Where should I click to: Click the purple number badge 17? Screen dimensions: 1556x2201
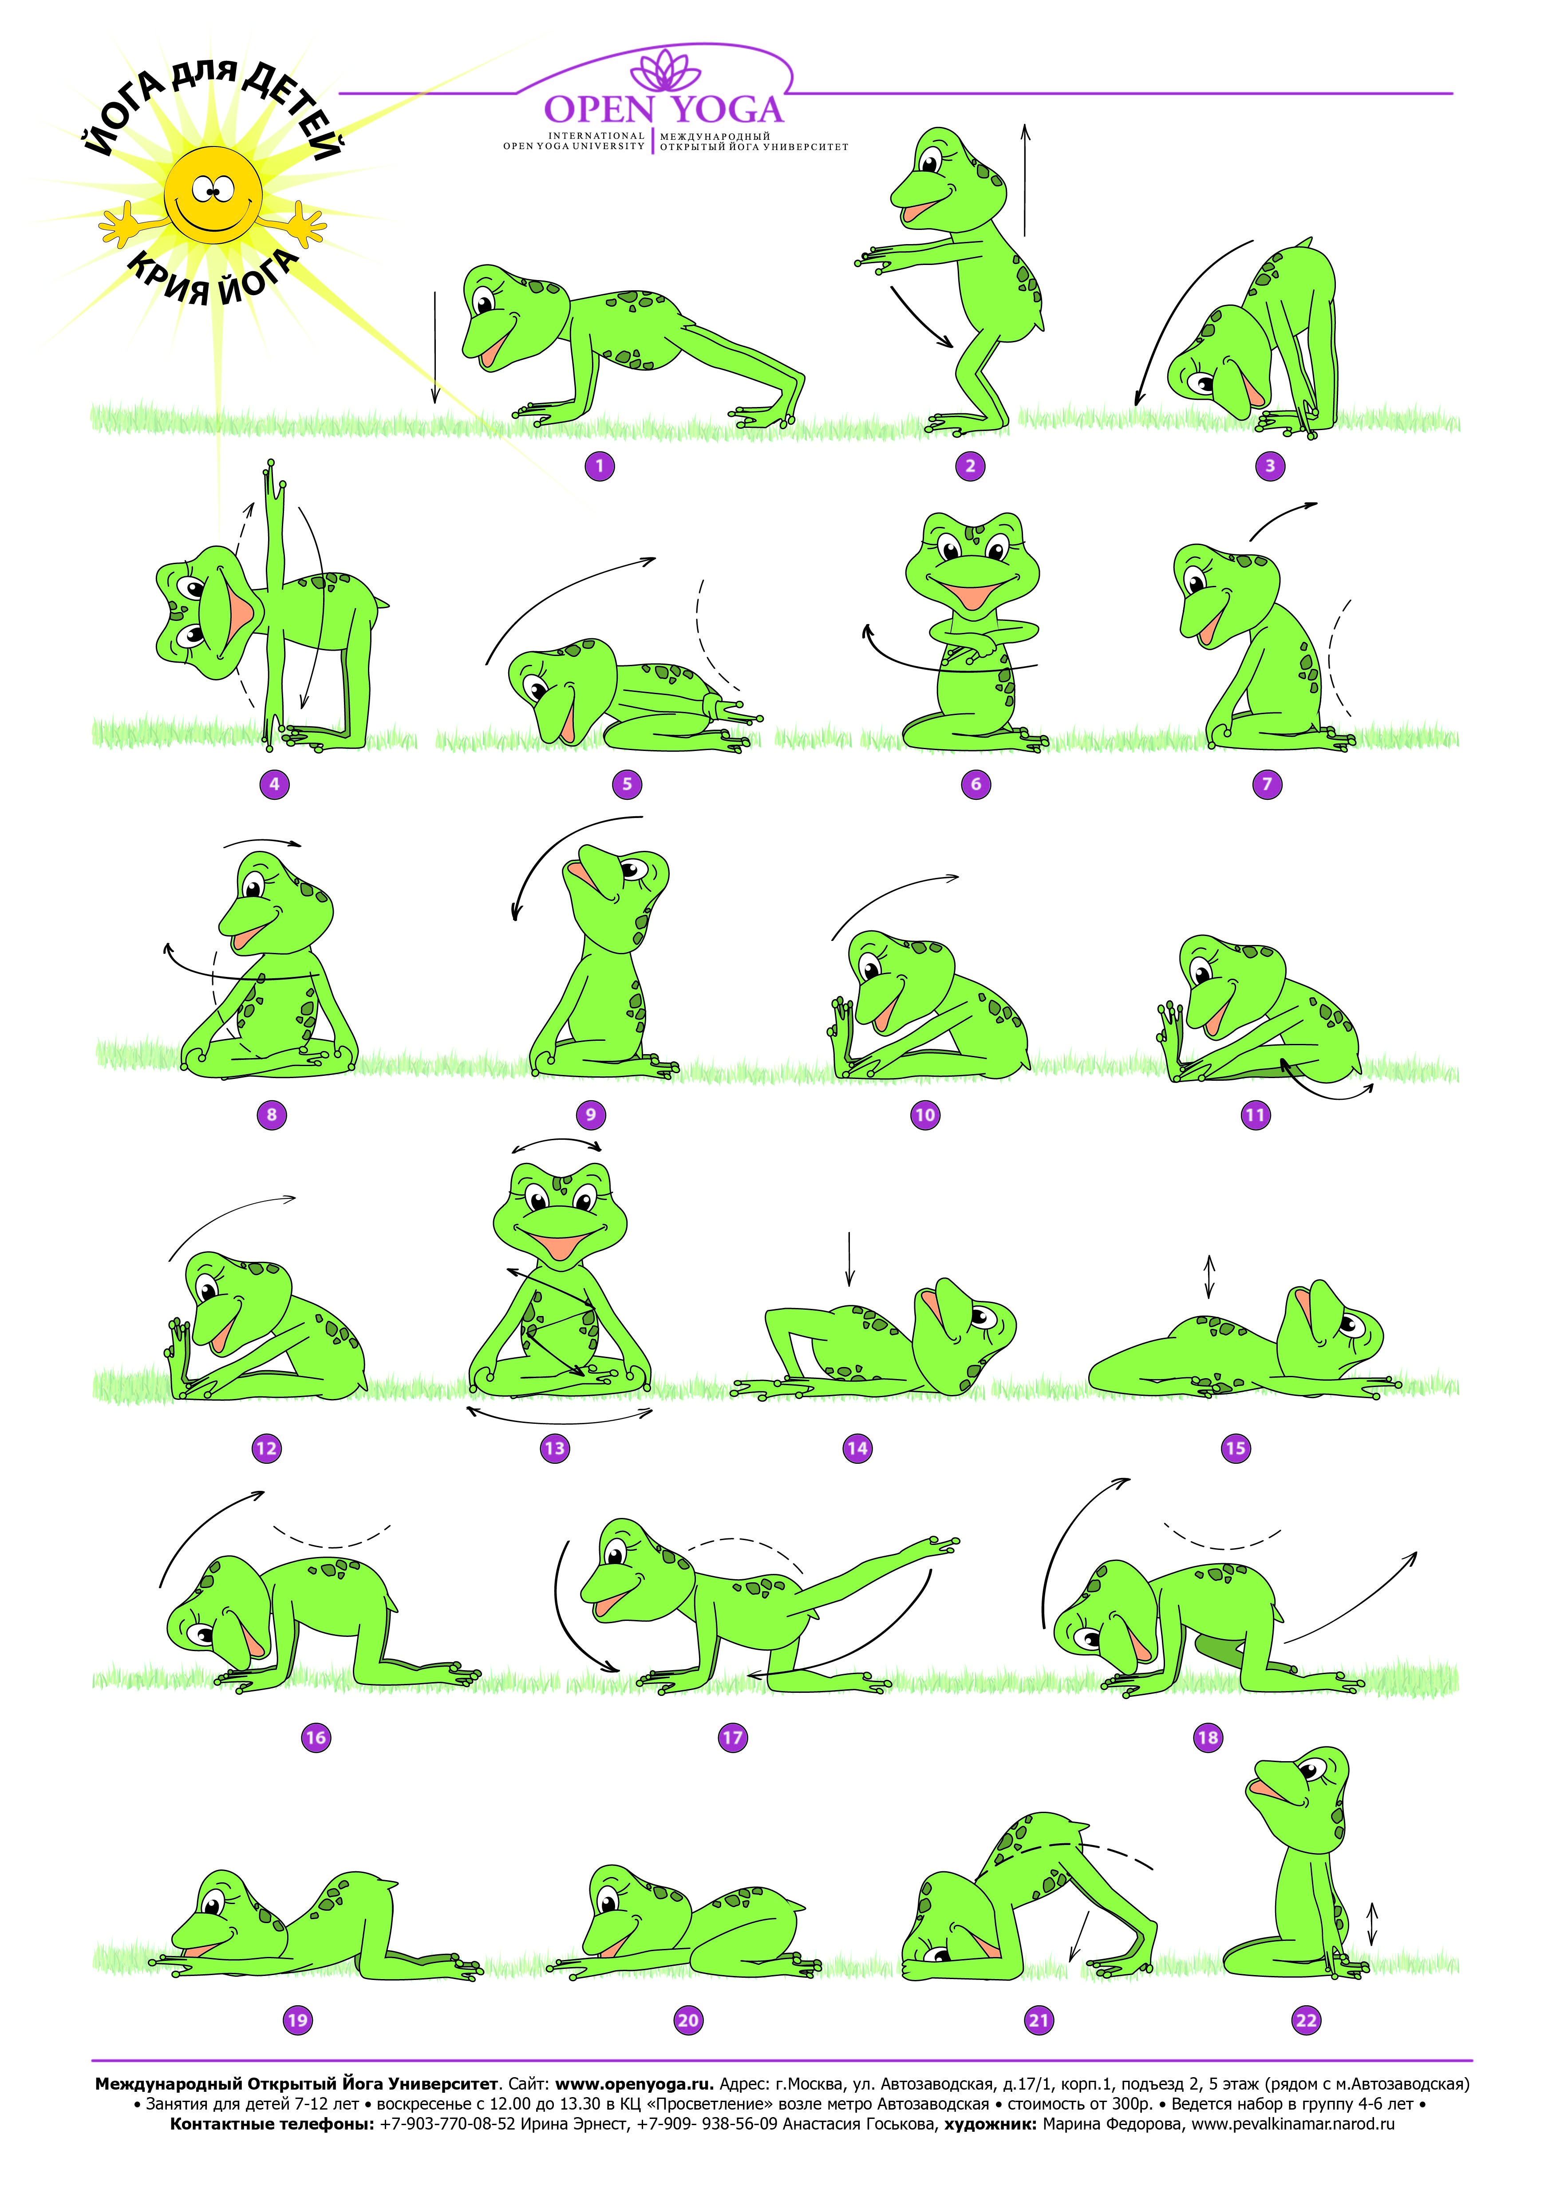(x=732, y=1737)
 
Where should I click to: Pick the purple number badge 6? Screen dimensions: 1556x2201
(x=976, y=784)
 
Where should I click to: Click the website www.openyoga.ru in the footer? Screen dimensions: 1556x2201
(x=635, y=2083)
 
